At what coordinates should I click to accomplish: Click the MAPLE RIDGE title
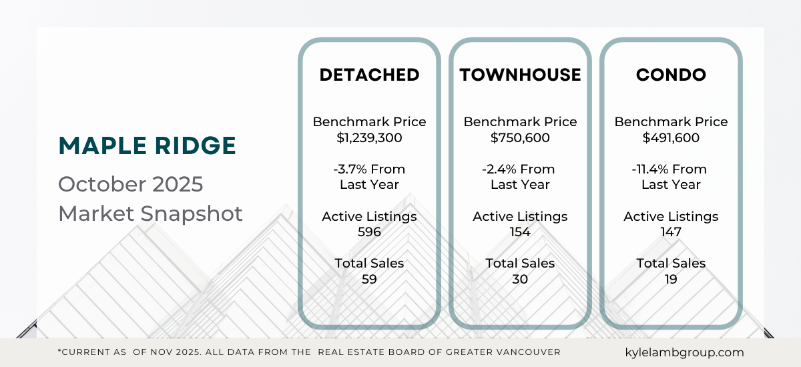coord(147,145)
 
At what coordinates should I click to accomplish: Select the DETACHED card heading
coord(369,75)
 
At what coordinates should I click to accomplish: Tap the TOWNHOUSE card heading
coord(520,75)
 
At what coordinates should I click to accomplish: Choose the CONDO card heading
coord(671,75)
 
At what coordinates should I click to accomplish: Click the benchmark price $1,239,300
coord(369,138)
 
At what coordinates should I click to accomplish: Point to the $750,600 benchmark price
coord(520,138)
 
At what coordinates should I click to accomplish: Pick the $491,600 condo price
coord(671,138)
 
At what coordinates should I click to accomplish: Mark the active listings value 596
coord(369,232)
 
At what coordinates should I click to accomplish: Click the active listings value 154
coord(520,232)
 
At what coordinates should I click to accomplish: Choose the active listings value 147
coord(671,232)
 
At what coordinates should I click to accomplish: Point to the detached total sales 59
coord(369,279)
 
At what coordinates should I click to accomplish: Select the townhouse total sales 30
coord(520,279)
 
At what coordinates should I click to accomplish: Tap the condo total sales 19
coord(671,279)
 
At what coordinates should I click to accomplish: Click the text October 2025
coord(130,184)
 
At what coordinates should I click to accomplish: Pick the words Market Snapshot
coord(150,214)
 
